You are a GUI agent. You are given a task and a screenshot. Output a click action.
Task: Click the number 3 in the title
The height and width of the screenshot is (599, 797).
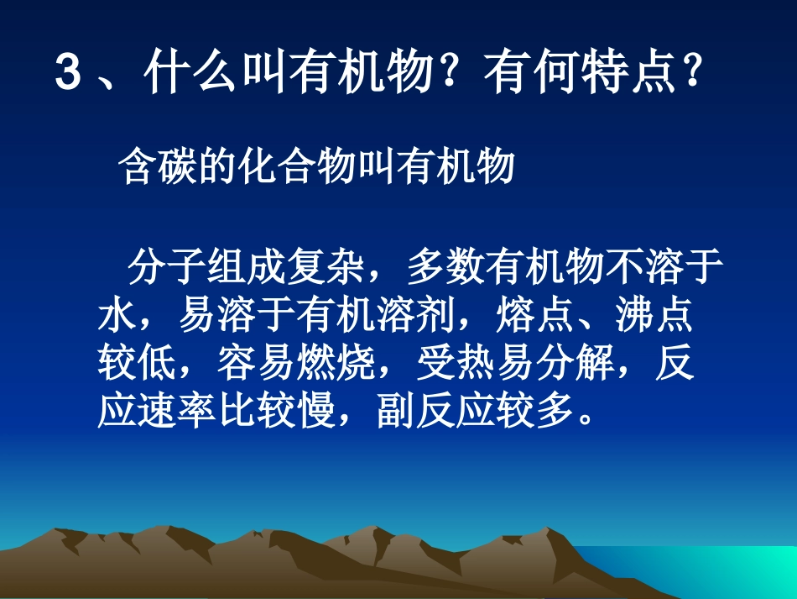tap(68, 75)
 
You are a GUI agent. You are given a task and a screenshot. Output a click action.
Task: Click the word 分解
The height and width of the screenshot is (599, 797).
tap(574, 364)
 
